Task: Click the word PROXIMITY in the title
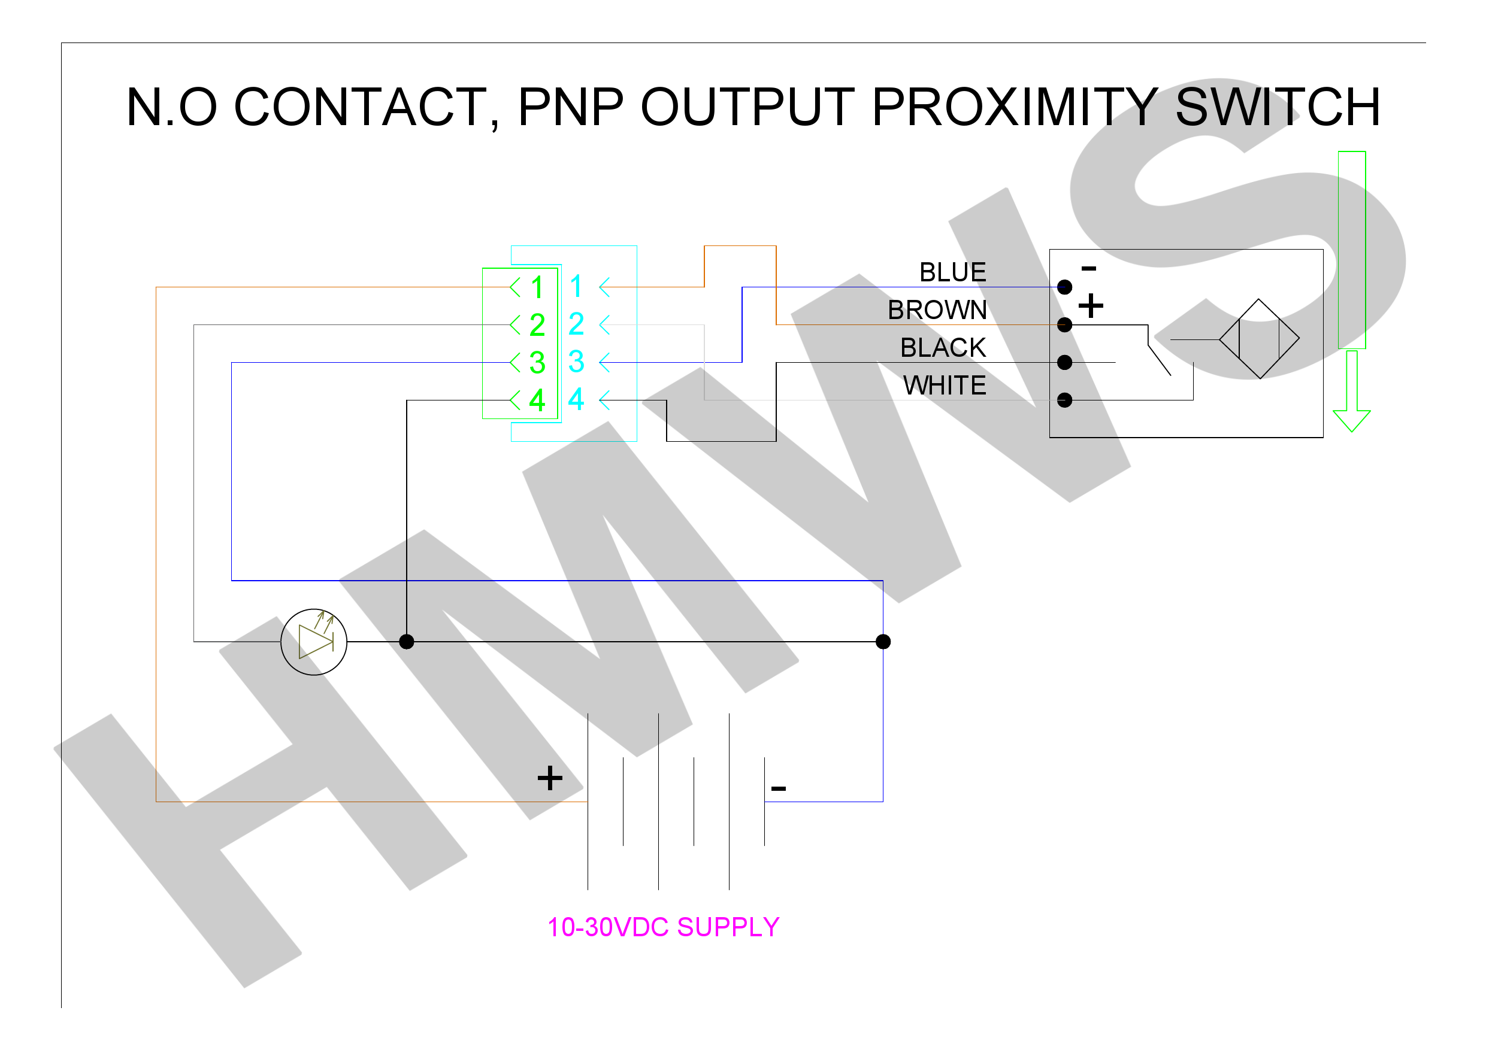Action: [1014, 107]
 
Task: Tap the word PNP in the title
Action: [571, 107]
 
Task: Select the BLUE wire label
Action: [953, 272]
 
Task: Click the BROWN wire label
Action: [937, 310]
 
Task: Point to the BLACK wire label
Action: [943, 348]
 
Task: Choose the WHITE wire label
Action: [945, 386]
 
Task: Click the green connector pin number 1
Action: [537, 287]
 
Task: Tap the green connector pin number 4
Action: [537, 400]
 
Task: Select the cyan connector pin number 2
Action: [576, 323]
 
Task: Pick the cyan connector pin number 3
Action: [576, 362]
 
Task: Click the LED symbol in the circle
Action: [314, 642]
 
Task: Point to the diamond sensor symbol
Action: [1260, 338]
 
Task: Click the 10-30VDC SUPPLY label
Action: [664, 927]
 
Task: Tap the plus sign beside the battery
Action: [549, 778]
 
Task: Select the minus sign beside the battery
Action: [779, 788]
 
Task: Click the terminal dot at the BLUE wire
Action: [1065, 287]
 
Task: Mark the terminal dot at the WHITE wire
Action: [1065, 400]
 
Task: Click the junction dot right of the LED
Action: [407, 642]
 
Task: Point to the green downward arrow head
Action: [1351, 420]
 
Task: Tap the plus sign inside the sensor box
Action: [1091, 305]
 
